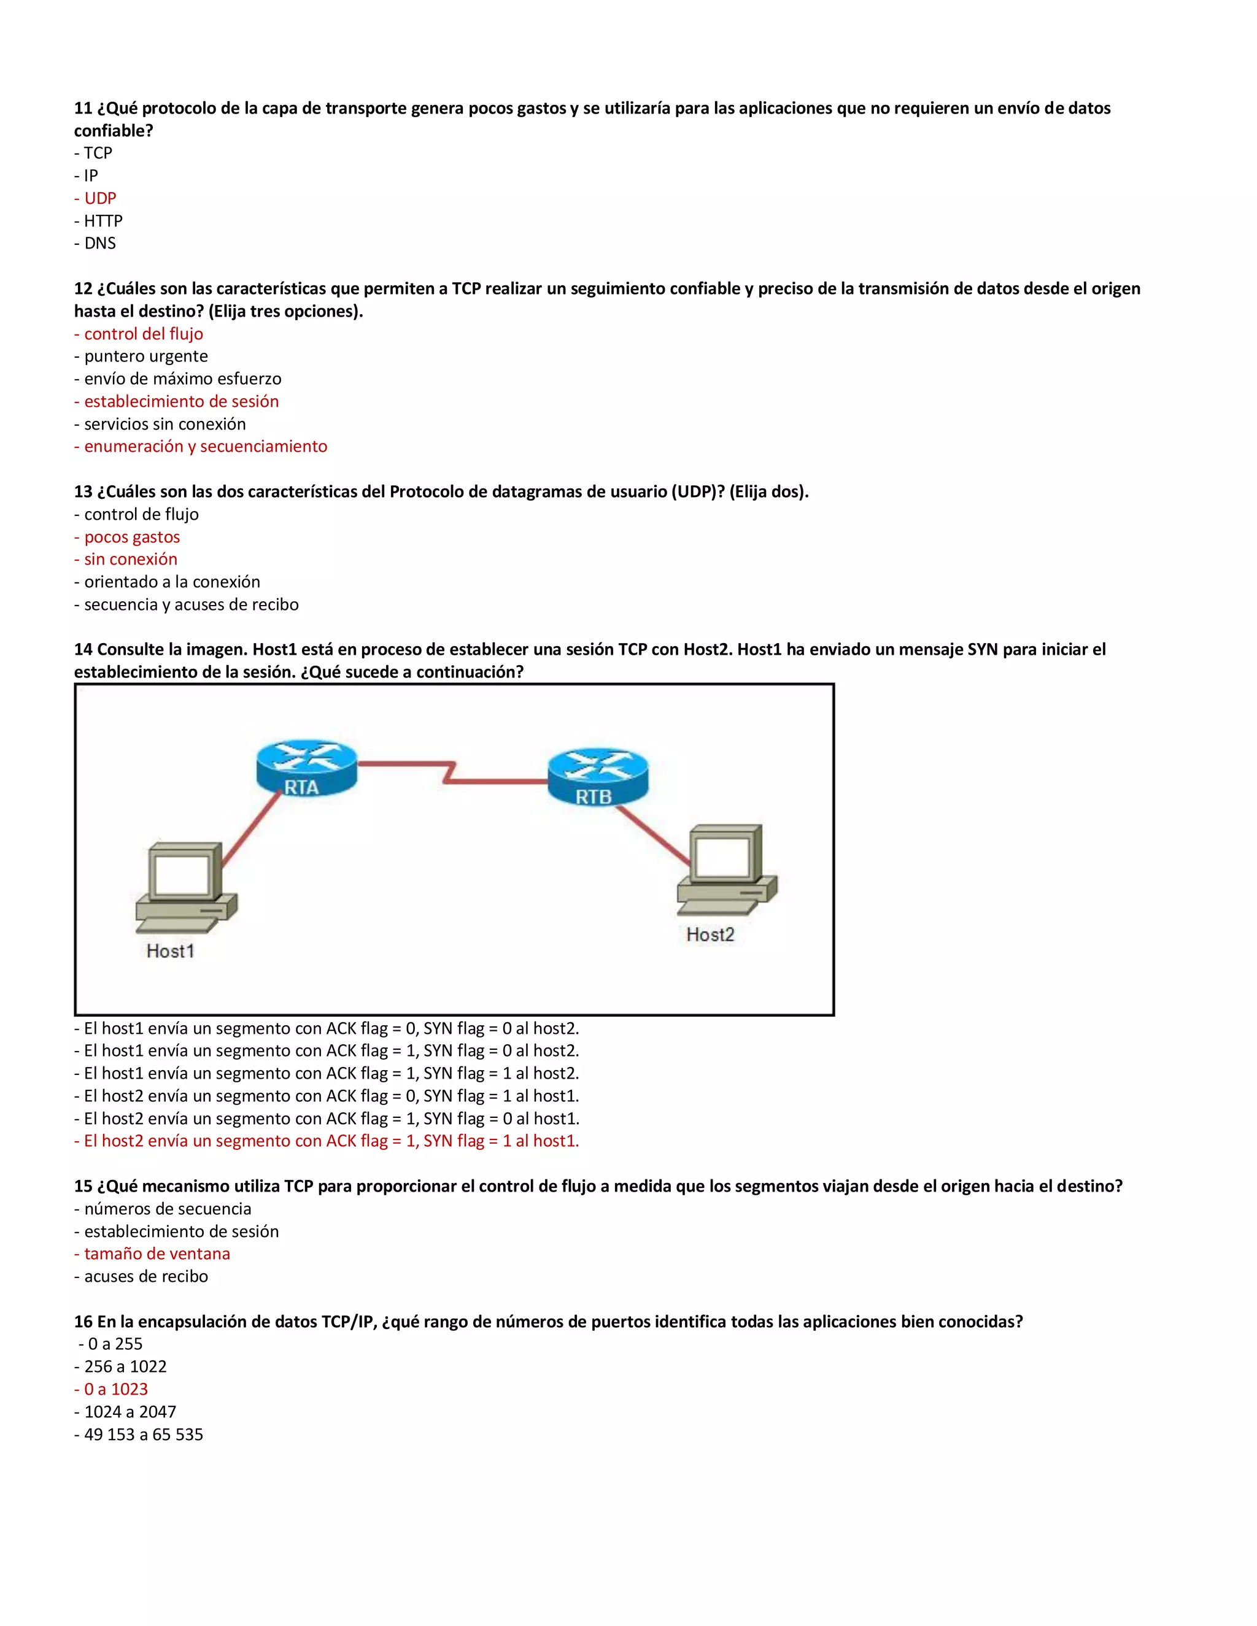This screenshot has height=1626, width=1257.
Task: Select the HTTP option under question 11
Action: [x=98, y=221]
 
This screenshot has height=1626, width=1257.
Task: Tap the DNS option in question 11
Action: [x=95, y=244]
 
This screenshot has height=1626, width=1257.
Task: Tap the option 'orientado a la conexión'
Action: [x=167, y=582]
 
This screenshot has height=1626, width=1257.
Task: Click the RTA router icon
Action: [x=306, y=767]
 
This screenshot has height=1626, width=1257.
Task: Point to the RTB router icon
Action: [x=598, y=777]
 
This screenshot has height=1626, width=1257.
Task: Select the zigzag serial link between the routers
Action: [x=451, y=772]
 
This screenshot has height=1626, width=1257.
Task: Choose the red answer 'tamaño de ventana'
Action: [x=153, y=1254]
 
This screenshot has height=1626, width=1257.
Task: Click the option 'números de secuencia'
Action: [x=163, y=1208]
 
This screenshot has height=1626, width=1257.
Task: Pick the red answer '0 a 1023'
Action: [x=112, y=1389]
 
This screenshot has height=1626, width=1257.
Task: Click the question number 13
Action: [x=83, y=491]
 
